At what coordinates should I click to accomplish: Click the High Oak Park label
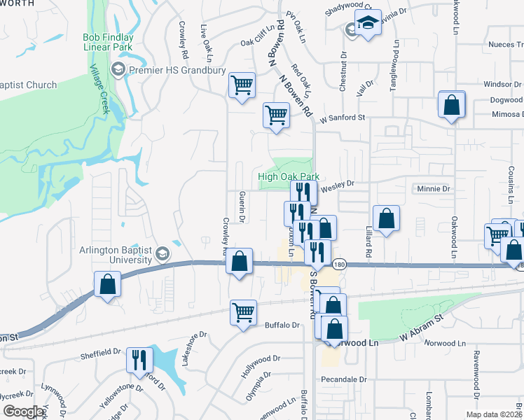(x=288, y=177)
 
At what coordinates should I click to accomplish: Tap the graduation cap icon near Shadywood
(x=367, y=23)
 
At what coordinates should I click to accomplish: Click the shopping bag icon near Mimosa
(x=452, y=105)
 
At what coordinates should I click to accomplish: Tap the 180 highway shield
(x=340, y=264)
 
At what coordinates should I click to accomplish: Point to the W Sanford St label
(x=343, y=118)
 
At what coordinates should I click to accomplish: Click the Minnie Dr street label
(x=433, y=189)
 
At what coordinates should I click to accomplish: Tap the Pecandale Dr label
(x=343, y=379)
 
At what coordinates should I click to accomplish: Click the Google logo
(x=23, y=412)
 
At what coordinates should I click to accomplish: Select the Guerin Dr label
(x=241, y=207)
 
